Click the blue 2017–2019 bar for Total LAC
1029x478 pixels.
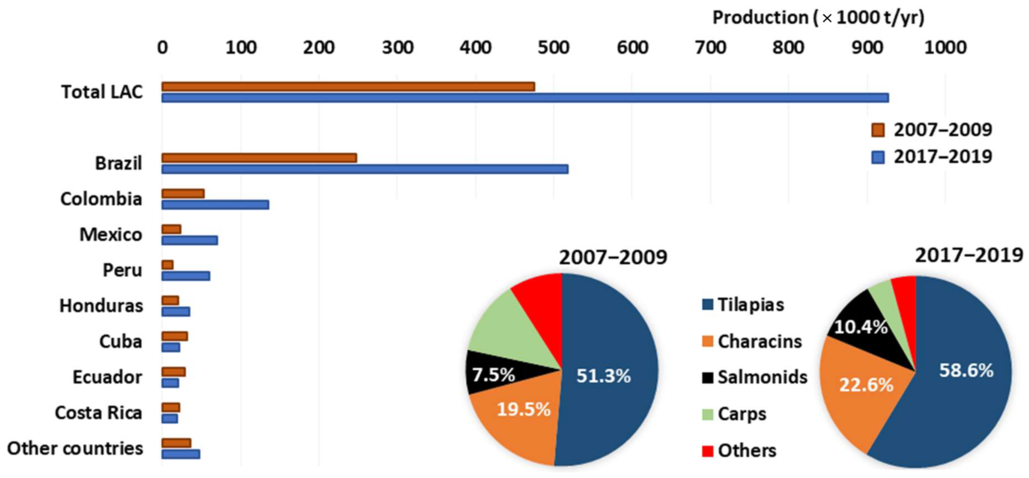tap(525, 98)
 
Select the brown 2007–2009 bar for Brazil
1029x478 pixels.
tap(259, 158)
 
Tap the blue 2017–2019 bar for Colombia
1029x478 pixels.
tap(215, 205)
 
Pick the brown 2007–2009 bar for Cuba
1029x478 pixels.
tap(175, 336)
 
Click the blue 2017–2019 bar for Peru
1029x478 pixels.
tap(186, 276)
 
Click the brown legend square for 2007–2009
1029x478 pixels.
tap(878, 130)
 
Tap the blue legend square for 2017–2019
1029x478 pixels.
tap(878, 157)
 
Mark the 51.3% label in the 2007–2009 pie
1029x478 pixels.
tap(603, 376)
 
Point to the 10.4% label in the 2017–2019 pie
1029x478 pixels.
tap(860, 328)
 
